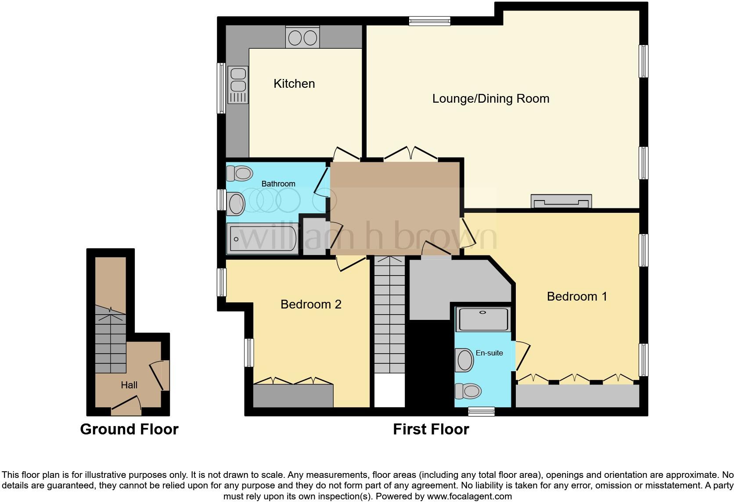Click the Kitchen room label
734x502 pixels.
(x=294, y=83)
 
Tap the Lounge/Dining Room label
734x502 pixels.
(x=490, y=98)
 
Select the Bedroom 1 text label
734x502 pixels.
(x=577, y=296)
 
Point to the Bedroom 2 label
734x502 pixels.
(x=311, y=304)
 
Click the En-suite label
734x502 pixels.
(x=489, y=353)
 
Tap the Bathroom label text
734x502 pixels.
(x=278, y=183)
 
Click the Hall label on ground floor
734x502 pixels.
(x=129, y=385)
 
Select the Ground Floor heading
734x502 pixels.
(x=129, y=429)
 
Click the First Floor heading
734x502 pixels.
(x=431, y=429)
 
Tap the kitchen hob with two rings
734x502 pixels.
(x=302, y=38)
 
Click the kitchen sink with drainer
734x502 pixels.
(x=238, y=85)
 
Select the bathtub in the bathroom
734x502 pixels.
(x=262, y=239)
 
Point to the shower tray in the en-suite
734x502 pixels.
(x=483, y=319)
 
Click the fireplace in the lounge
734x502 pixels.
(x=561, y=201)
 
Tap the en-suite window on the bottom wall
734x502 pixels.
(x=481, y=412)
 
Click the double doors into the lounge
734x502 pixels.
(x=411, y=154)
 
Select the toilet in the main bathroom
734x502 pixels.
(x=239, y=173)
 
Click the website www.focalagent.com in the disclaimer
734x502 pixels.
(x=469, y=496)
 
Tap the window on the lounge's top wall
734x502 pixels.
(x=429, y=21)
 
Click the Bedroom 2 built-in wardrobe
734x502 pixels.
(x=293, y=396)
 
